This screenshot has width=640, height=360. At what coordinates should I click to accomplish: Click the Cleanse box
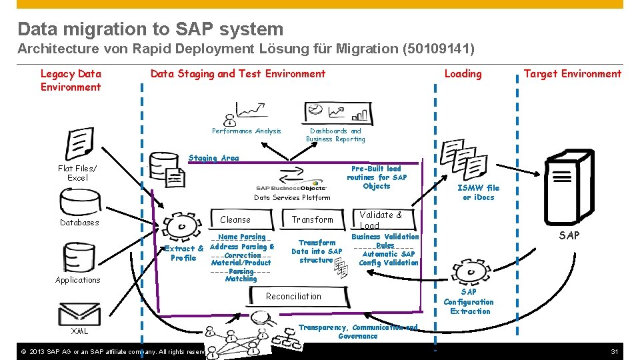tap(235, 219)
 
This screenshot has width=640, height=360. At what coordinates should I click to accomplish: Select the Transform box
tap(312, 219)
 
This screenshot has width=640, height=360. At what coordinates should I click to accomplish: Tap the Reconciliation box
tap(293, 296)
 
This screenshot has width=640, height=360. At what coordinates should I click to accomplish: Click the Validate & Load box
tap(380, 219)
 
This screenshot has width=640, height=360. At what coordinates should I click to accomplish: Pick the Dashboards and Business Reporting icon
tap(333, 113)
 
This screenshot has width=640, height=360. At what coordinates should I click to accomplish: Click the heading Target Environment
tap(572, 74)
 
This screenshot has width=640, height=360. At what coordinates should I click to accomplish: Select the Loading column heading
tap(463, 74)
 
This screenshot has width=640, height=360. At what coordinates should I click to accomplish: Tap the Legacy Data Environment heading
tap(71, 80)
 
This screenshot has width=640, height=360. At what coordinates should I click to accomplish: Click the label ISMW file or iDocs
tap(479, 192)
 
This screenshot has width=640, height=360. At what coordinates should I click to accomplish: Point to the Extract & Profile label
tap(183, 253)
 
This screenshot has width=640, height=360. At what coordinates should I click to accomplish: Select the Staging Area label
tap(213, 158)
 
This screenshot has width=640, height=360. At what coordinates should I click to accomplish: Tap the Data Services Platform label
tap(292, 197)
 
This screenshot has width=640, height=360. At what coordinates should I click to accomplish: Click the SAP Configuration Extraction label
tap(469, 301)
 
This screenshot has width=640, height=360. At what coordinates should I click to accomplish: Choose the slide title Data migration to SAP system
tap(151, 29)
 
